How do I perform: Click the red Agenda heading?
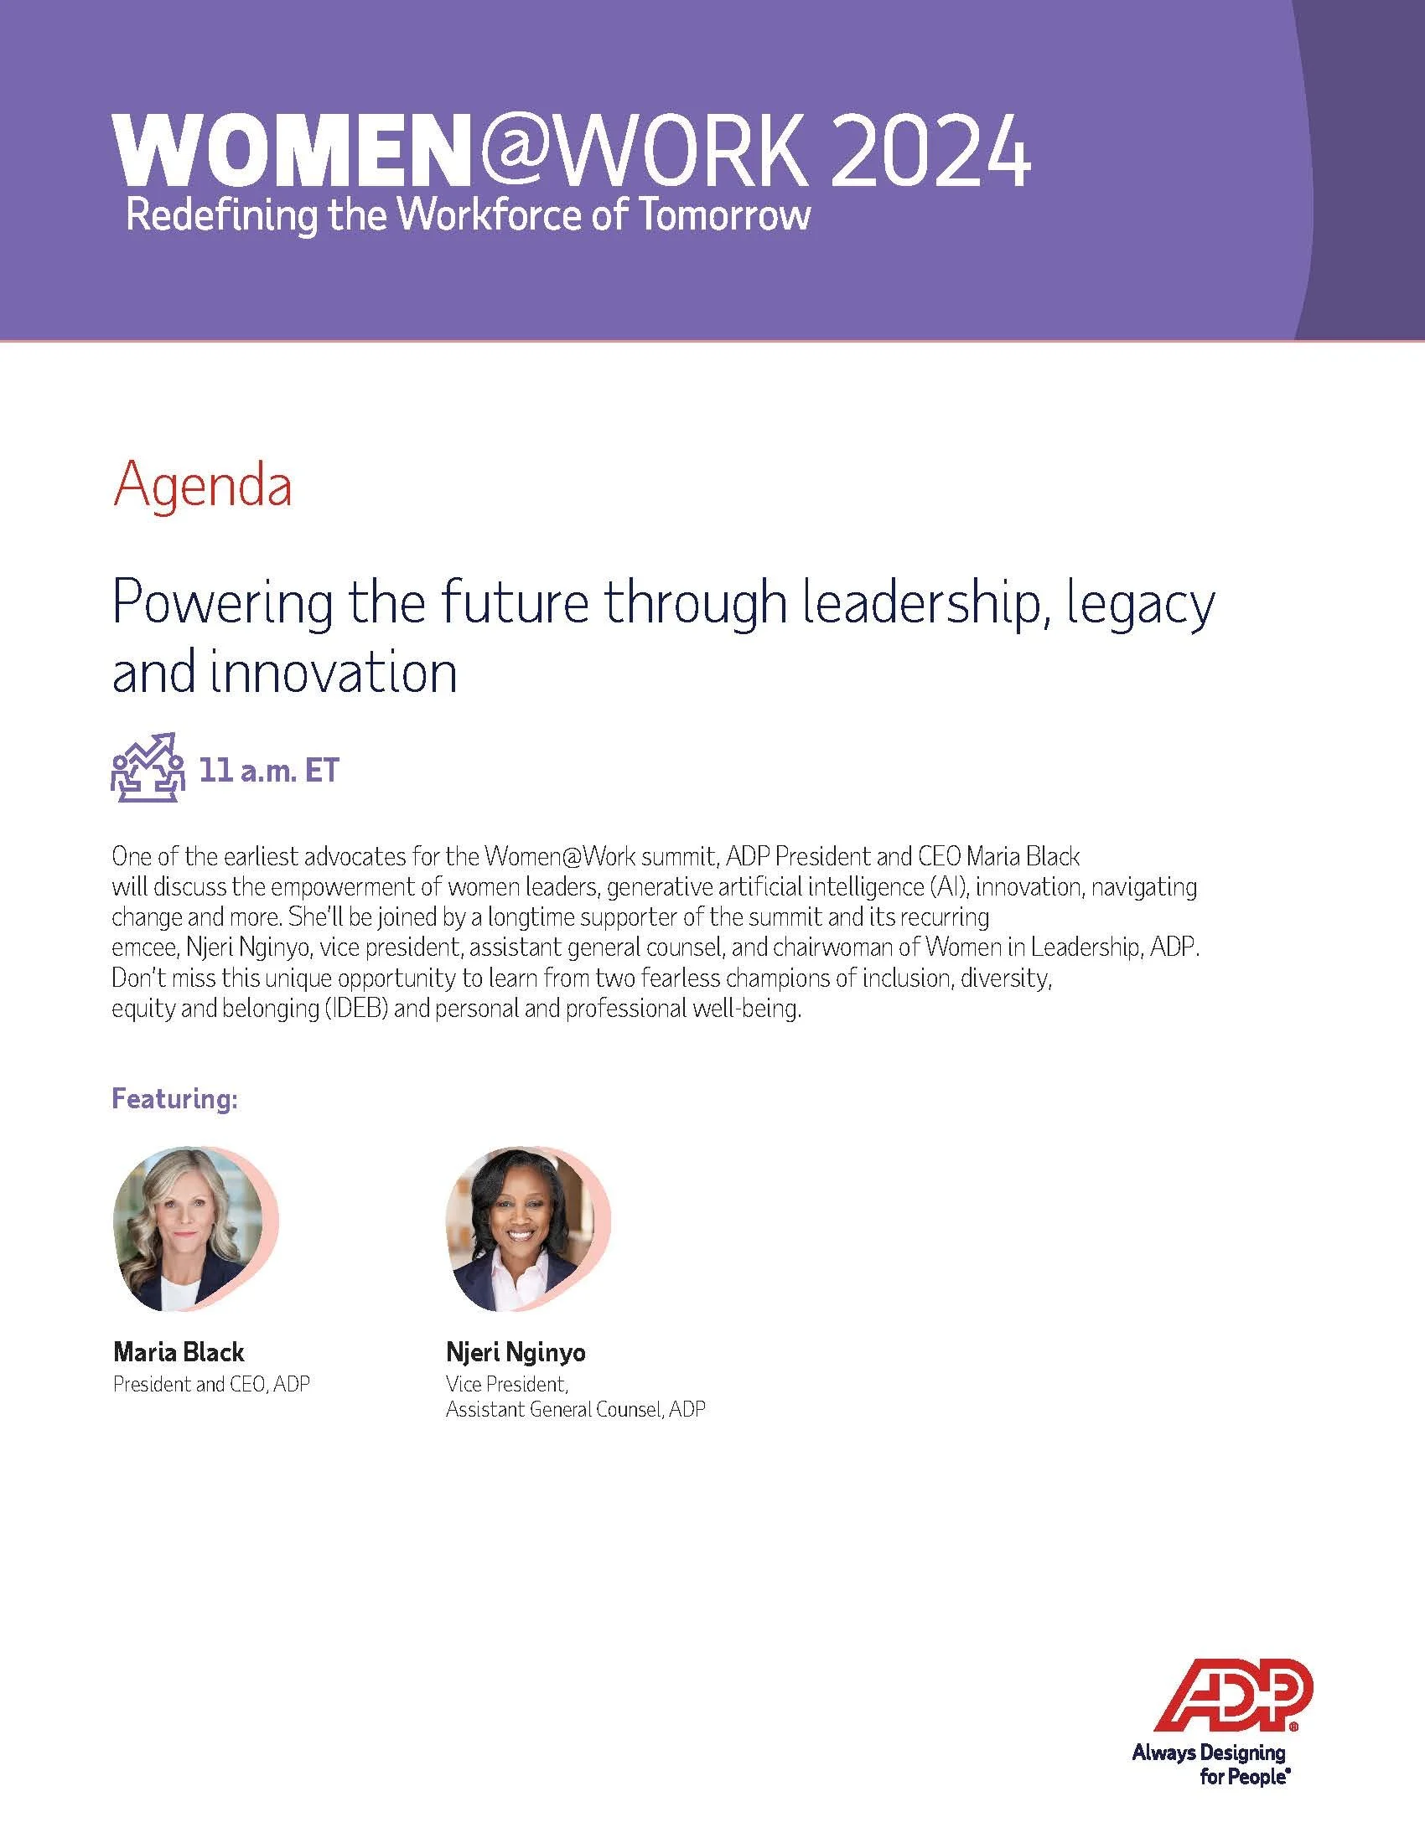pos(203,487)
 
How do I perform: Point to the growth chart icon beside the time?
pos(148,767)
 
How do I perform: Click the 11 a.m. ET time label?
pos(268,772)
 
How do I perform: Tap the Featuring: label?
pos(174,1100)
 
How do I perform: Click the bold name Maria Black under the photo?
pos(178,1353)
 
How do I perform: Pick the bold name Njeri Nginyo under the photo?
pos(515,1353)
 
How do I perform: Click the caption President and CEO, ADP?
pos(211,1385)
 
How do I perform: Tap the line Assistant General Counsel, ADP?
pos(575,1409)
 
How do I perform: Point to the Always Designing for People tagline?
pos(1208,1753)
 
